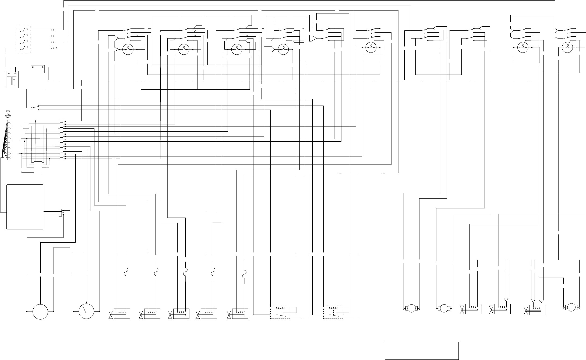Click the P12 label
(x=8, y=111)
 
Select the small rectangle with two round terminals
(x=38, y=69)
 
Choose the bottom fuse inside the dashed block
(x=23, y=48)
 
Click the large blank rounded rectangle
(x=25, y=207)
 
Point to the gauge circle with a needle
(x=86, y=311)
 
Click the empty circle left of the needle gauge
(x=40, y=312)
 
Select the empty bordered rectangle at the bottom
(x=422, y=351)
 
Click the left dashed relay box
(x=280, y=312)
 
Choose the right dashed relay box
(x=333, y=312)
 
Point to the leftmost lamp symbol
(x=128, y=49)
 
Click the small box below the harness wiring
(x=38, y=167)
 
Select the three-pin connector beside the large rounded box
(x=61, y=212)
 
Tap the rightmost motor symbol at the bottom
(x=571, y=307)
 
